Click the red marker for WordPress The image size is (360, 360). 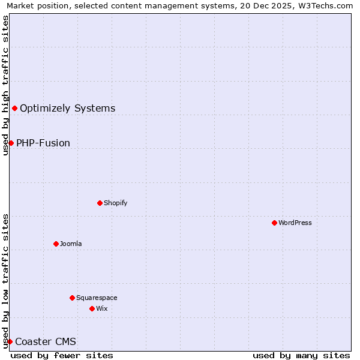(274, 223)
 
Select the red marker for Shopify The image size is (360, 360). (100, 203)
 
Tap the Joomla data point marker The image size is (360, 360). (56, 244)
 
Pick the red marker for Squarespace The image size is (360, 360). (72, 298)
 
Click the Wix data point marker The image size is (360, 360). (92, 308)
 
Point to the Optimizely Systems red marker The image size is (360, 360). (14, 108)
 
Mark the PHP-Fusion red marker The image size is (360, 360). (11, 143)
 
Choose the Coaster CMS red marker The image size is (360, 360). (10, 341)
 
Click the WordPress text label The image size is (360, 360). (295, 223)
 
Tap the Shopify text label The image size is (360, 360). (115, 203)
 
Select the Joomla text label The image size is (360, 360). (71, 244)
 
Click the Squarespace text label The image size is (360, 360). (97, 298)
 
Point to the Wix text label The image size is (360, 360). (101, 308)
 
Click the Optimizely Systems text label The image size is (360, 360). (67, 108)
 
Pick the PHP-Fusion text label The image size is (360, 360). (43, 143)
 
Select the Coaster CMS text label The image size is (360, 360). (46, 341)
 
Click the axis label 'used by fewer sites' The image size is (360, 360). (62, 355)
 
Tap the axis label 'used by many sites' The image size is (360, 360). (301, 355)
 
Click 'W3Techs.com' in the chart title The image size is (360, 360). (329, 5)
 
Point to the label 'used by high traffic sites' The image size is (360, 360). (5, 85)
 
